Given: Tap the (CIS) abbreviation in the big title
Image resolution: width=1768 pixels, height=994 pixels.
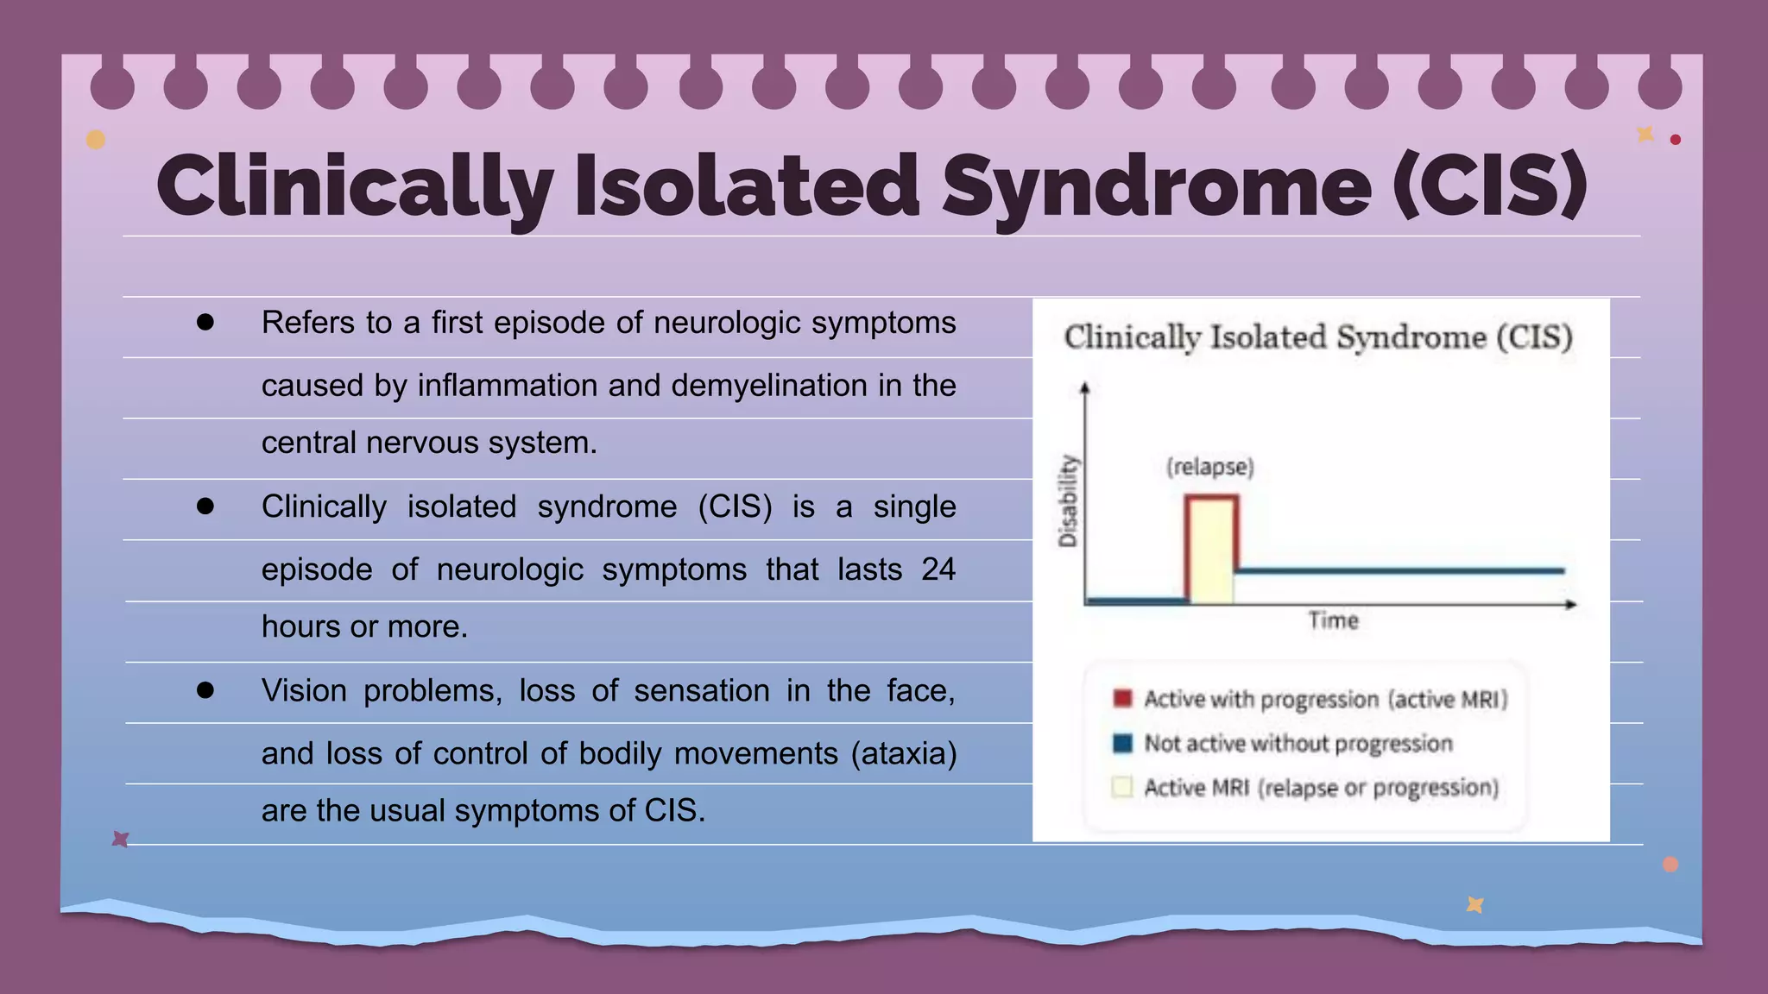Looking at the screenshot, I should click(x=1490, y=185).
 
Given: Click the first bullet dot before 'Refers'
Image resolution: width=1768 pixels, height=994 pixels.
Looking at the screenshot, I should click(x=205, y=323).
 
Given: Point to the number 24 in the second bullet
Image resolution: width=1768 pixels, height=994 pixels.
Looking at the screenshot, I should click(x=938, y=569).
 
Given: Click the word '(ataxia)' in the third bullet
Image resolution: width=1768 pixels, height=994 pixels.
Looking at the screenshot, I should click(x=904, y=753).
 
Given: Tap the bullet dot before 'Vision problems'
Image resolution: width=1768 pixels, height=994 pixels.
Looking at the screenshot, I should click(x=205, y=690).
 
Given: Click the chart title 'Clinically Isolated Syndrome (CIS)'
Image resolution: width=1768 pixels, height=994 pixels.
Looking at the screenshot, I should click(x=1318, y=337).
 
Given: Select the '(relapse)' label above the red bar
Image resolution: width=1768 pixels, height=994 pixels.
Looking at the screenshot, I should click(x=1209, y=467).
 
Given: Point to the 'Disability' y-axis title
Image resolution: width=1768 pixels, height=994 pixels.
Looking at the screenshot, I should click(x=1069, y=500).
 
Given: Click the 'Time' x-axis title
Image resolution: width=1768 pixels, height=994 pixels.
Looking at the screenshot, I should click(x=1333, y=620).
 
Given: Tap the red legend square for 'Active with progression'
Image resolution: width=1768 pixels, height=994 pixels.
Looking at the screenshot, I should click(x=1122, y=698).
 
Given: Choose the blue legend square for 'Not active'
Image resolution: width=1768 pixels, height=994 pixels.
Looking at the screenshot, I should click(x=1122, y=743).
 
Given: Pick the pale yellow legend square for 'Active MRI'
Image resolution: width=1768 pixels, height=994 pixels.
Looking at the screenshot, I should click(x=1122, y=787).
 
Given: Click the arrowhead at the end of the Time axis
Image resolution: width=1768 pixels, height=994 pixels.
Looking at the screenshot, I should click(x=1571, y=604).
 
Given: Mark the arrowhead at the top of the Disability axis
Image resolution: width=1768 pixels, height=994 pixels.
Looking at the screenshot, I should click(x=1085, y=388).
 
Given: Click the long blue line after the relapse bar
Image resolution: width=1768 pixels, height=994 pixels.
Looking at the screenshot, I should click(x=1399, y=570).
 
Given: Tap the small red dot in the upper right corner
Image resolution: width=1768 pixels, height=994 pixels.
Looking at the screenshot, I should click(x=1675, y=140).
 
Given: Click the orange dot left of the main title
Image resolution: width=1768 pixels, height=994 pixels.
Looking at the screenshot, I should click(x=96, y=140).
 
